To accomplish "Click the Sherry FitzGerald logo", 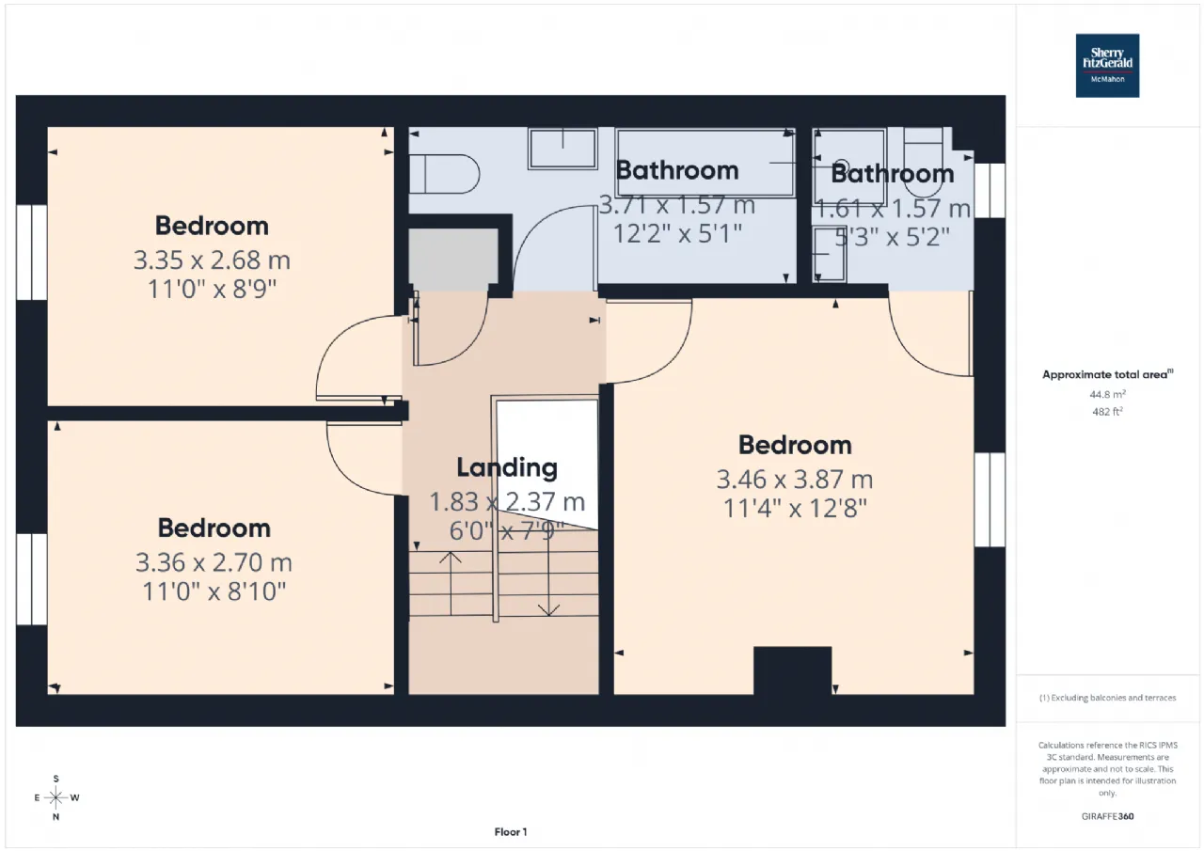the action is coord(1107,66).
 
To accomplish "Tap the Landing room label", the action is coord(507,467).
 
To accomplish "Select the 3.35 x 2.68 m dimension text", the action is coord(212,260).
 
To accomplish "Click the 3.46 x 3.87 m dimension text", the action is coord(795,480).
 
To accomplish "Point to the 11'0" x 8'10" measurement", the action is coord(214,591).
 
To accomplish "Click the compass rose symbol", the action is coord(55,797).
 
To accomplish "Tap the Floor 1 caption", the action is coord(511,831).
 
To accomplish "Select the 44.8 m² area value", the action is coord(1107,394).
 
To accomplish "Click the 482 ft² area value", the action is coord(1107,412).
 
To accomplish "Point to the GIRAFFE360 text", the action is coord(1107,816).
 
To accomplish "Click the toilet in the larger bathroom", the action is coord(444,174).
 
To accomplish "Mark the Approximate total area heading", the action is coord(1107,374).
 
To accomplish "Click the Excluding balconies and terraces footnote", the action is coord(1107,698).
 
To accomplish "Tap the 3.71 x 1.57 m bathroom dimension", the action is coord(677,205).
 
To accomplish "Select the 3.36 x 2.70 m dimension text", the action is coord(214,562).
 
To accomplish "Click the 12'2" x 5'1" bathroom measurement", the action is coord(677,234).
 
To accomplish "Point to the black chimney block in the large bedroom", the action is coord(792,670).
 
